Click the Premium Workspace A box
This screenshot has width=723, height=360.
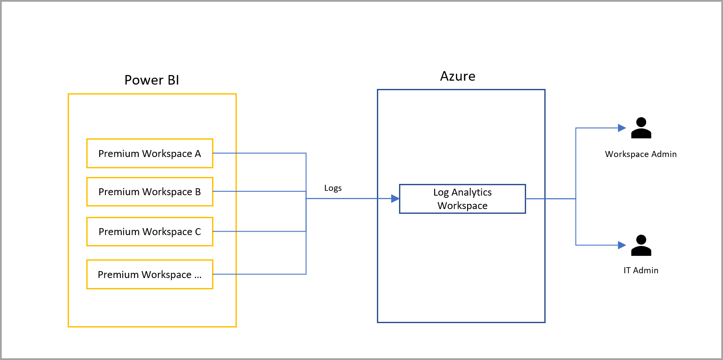[x=150, y=153]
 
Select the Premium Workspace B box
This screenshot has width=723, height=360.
[x=150, y=191]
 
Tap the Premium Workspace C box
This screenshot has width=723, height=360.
[x=150, y=231]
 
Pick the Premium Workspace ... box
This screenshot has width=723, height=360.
[x=150, y=274]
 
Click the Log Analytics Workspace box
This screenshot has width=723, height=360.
[x=462, y=199]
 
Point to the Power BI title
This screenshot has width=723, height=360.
[x=151, y=80]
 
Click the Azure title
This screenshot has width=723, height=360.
[x=458, y=76]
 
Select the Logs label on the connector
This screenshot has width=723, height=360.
[x=333, y=188]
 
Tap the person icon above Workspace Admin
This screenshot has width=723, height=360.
[x=641, y=128]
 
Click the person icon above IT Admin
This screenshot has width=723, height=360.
[x=641, y=245]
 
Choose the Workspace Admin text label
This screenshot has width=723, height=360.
[x=641, y=154]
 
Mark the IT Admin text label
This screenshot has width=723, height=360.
[x=641, y=270]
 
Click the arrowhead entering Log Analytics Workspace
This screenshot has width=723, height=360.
[x=395, y=199]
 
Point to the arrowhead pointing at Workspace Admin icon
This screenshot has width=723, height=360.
[x=622, y=128]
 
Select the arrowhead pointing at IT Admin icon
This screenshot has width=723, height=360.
[x=622, y=245]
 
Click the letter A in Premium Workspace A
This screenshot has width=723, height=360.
[x=198, y=154]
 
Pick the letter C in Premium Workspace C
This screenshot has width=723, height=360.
[x=198, y=232]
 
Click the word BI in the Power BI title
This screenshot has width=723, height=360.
[x=173, y=80]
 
